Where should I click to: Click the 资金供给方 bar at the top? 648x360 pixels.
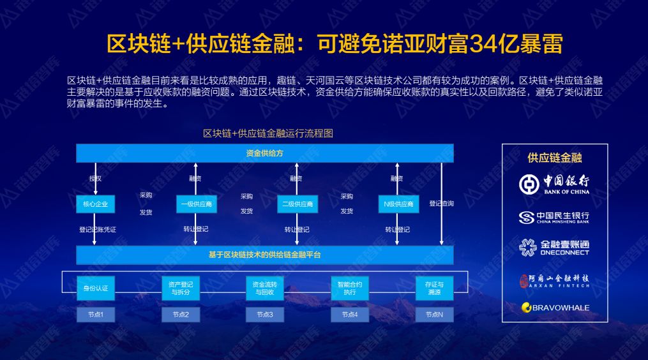(x=264, y=153)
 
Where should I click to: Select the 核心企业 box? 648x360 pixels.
(x=95, y=204)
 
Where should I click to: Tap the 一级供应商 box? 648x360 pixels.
(x=196, y=204)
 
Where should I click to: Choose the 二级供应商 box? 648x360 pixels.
(x=297, y=204)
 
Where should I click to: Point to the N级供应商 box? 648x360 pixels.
(x=398, y=204)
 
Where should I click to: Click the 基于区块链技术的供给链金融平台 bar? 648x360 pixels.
(x=264, y=255)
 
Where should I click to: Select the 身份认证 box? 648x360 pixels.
(x=95, y=289)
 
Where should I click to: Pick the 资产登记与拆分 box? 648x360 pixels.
(x=180, y=289)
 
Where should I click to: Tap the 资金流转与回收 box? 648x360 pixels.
(x=264, y=289)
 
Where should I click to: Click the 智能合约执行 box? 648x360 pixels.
(x=349, y=289)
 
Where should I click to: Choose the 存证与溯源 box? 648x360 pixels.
(x=434, y=289)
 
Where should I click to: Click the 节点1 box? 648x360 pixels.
(x=95, y=315)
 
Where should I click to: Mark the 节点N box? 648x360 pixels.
(x=434, y=315)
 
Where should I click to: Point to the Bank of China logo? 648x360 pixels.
(x=554, y=184)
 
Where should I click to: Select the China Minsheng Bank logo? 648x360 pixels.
(x=554, y=218)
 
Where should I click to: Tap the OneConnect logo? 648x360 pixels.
(x=554, y=248)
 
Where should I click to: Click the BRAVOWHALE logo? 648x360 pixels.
(x=554, y=308)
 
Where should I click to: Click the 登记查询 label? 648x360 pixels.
(x=441, y=204)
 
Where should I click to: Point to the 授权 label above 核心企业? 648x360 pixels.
(x=95, y=179)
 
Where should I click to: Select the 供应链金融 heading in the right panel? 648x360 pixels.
(x=554, y=158)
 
